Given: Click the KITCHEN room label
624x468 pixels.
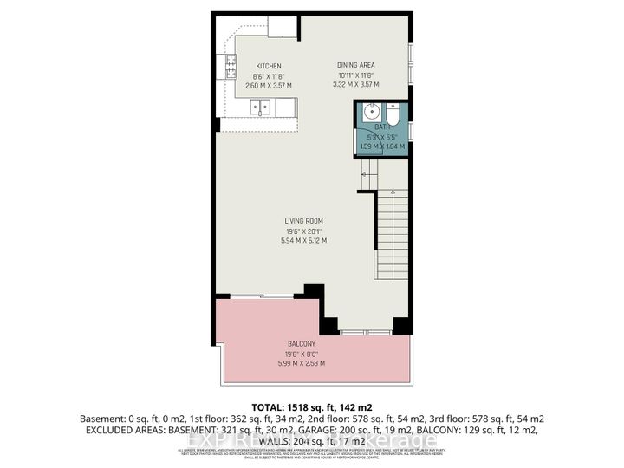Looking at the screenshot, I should tap(269, 67).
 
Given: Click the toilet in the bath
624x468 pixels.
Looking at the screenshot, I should tap(391, 114).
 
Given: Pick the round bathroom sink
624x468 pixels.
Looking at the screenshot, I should tap(371, 113).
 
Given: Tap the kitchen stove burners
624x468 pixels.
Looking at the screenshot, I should tap(231, 62).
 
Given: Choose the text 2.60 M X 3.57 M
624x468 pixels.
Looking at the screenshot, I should tap(269, 86).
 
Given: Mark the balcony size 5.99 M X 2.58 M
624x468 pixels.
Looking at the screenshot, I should tap(302, 362).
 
